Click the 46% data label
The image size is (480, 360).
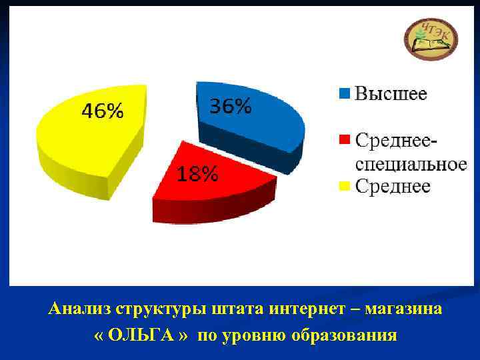(x=102, y=111)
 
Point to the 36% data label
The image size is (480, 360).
(x=231, y=105)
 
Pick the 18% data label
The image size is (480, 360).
(x=197, y=175)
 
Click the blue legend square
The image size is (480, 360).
(x=344, y=94)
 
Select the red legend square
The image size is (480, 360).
(x=344, y=140)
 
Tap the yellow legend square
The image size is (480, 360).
(x=344, y=187)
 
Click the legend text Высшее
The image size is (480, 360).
(x=391, y=93)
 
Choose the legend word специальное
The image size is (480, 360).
(x=409, y=163)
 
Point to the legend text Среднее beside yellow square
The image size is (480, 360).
(x=392, y=186)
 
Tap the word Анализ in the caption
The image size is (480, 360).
(x=79, y=309)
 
